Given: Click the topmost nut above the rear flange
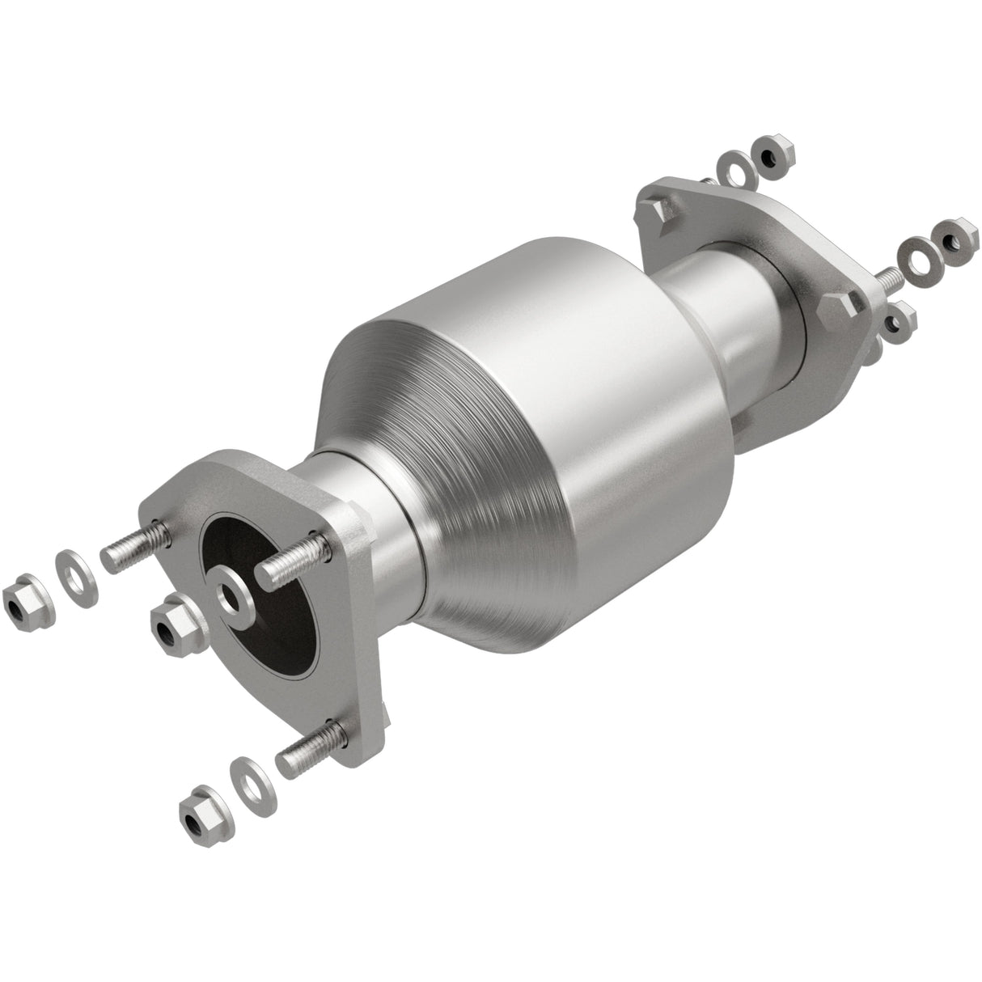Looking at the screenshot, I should click(772, 149).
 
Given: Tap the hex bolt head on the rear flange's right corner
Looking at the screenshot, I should click(841, 312).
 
